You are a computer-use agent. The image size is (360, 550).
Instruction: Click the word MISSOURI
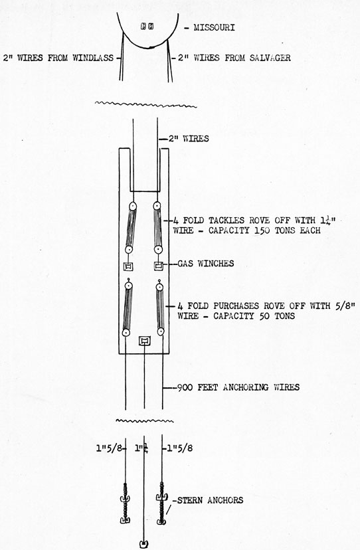click(214, 27)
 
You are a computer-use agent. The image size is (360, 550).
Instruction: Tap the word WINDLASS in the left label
click(93, 58)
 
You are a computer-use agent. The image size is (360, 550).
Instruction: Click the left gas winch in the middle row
click(128, 266)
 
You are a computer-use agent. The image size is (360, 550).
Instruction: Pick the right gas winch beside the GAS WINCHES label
click(159, 266)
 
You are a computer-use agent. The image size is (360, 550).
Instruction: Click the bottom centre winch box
click(145, 341)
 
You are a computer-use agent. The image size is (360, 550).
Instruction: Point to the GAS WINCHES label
click(206, 264)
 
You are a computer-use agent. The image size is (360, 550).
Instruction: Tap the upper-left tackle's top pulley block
click(132, 206)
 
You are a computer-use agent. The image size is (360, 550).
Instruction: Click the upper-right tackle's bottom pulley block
click(158, 250)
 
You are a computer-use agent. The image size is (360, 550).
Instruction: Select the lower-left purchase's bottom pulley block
click(126, 333)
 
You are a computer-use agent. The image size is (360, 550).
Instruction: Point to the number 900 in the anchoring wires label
click(185, 388)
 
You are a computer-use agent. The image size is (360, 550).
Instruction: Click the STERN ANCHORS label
click(210, 500)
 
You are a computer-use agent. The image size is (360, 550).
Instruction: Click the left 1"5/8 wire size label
click(109, 448)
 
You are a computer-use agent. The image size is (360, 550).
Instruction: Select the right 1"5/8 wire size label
click(179, 448)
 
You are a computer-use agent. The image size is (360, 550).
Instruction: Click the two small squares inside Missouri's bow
click(147, 27)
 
